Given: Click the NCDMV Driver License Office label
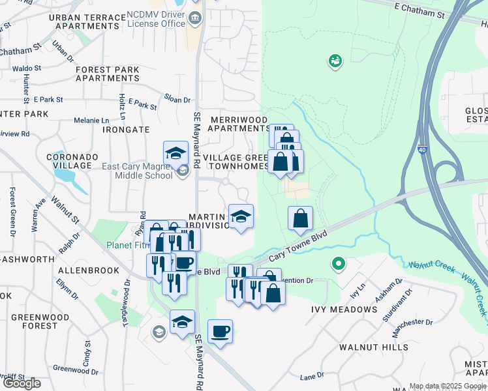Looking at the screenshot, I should coord(156,18).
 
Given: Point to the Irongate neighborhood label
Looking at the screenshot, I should coord(127,130).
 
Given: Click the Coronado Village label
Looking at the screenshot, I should coord(72,162).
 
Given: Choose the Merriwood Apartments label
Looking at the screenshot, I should coord(237,124).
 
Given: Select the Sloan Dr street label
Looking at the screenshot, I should coord(177,100).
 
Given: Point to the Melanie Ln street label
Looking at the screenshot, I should coord(91,121).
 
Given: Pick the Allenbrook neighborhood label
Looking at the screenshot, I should coord(89,270).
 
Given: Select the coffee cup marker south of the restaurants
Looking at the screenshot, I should coord(220,332).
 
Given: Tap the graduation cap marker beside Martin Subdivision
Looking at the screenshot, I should coord(241,216).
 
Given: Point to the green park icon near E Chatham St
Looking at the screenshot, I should coord(335,61).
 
